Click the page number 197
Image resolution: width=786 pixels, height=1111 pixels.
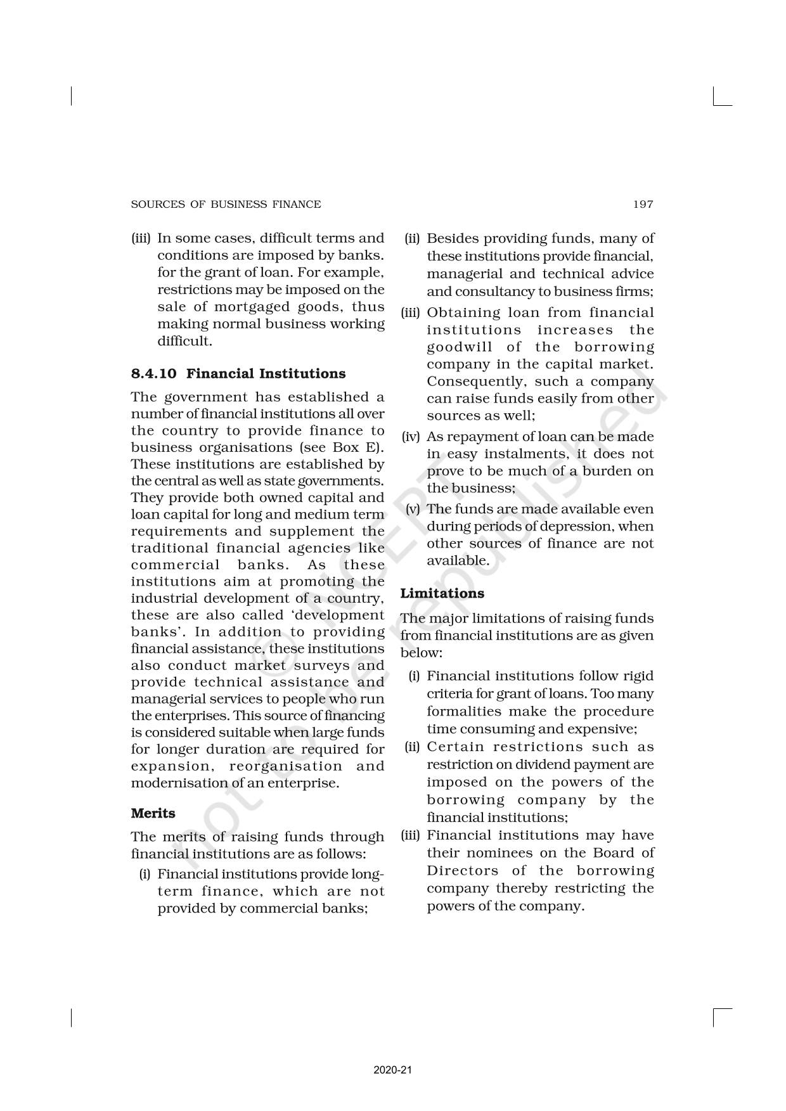[x=643, y=204]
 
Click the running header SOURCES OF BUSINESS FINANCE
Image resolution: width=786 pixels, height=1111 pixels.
[x=226, y=204]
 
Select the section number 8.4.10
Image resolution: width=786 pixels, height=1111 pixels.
[x=153, y=373]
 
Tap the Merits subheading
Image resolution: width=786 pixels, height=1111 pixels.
[x=153, y=813]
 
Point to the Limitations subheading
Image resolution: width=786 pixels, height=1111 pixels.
[x=442, y=593]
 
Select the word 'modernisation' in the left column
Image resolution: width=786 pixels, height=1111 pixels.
[x=170, y=783]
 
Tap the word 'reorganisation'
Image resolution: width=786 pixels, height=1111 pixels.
[x=285, y=766]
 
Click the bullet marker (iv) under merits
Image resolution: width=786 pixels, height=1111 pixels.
[x=411, y=437]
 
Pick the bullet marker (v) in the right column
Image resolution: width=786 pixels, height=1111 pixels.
[x=413, y=509]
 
